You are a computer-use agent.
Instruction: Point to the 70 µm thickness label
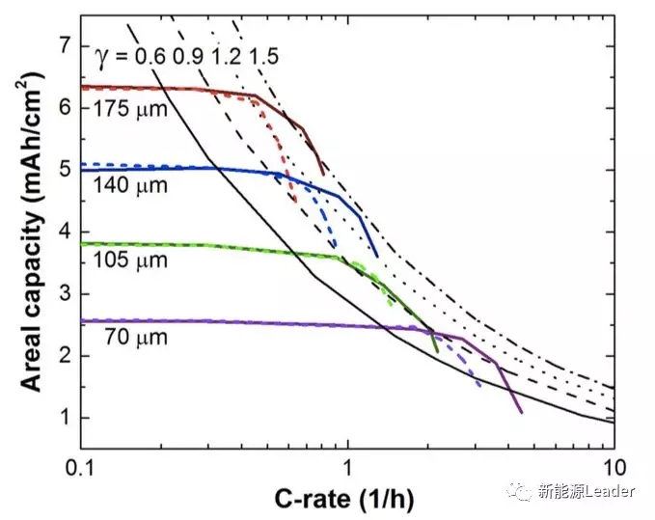click(134, 337)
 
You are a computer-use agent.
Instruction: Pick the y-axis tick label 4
click(65, 232)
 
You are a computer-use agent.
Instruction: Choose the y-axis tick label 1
click(65, 418)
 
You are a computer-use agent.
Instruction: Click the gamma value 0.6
click(149, 56)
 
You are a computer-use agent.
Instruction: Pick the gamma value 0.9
click(188, 56)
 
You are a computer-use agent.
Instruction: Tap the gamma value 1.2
click(228, 56)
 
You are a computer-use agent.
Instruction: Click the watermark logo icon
click(521, 492)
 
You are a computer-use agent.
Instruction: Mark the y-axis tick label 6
click(65, 107)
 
